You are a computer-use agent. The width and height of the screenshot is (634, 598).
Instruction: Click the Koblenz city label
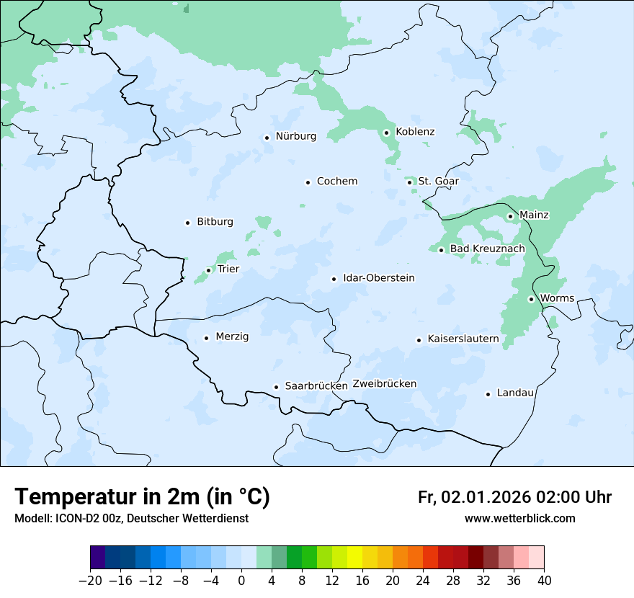415,132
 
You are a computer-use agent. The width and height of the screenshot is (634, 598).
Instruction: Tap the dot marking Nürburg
267,137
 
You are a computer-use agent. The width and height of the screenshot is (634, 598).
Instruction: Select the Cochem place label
336,182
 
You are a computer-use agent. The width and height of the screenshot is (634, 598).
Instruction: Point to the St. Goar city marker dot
409,182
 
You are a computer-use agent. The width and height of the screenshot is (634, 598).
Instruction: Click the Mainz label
534,215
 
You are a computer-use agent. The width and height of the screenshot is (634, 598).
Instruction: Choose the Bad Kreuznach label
487,249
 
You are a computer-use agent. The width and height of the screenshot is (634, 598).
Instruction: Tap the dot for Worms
531,299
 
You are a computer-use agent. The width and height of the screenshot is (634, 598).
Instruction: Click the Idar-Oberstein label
378,278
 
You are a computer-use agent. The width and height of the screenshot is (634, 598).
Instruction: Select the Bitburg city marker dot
187,223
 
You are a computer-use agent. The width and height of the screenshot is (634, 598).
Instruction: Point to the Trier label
228,269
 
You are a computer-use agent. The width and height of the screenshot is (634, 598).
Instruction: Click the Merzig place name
232,337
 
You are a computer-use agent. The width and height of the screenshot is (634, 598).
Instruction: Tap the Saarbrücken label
316,386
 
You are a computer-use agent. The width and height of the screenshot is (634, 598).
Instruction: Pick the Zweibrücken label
384,384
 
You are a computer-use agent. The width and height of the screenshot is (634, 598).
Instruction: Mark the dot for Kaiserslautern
419,340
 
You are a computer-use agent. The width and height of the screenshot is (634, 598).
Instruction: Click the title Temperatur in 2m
142,497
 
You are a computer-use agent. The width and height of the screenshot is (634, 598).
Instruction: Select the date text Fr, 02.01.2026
474,497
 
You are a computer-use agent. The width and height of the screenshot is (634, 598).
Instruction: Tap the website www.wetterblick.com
519,519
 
